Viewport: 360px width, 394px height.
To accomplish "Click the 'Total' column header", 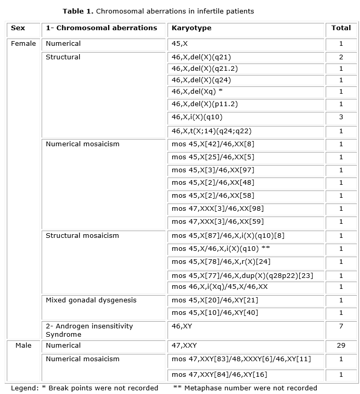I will click(x=341, y=28).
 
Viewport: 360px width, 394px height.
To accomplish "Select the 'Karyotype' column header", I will click(x=191, y=28).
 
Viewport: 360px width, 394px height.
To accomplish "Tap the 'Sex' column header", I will click(x=18, y=28).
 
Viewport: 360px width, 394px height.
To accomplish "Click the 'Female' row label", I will click(x=23, y=44).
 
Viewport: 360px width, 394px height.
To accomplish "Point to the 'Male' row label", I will click(x=23, y=346).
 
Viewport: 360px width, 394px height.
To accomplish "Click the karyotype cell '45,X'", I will click(x=181, y=44).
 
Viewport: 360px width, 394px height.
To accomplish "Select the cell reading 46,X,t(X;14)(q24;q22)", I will click(x=211, y=131).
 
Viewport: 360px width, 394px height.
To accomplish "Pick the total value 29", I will click(x=341, y=346).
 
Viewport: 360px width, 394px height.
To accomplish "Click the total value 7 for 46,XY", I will click(x=341, y=326).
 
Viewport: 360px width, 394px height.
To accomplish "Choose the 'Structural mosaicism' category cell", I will click(x=82, y=236).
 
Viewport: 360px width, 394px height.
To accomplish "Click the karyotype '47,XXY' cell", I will click(x=184, y=346).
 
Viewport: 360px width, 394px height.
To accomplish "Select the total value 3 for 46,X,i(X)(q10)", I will click(x=341, y=117).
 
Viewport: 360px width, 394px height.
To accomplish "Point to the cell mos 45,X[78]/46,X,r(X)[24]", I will click(x=221, y=262).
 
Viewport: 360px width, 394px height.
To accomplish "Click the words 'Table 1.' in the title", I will click(x=78, y=11).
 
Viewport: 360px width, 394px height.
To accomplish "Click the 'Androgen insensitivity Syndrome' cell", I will click(x=89, y=330).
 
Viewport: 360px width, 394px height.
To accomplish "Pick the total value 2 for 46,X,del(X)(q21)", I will click(x=341, y=57).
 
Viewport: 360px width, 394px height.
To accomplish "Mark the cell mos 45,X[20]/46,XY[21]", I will click(x=215, y=300).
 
